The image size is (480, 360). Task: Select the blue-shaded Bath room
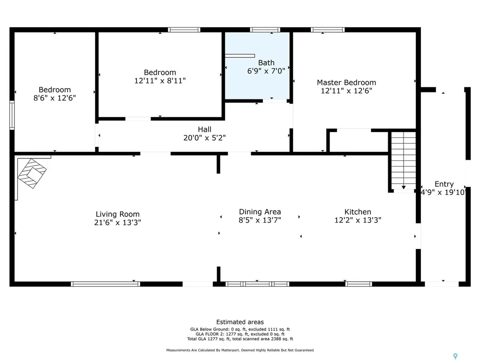[x=257, y=66]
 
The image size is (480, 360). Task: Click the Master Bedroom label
[x=346, y=82]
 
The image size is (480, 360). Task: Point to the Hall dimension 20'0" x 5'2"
[x=204, y=138]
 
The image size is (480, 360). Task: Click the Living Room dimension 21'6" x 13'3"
[x=118, y=223]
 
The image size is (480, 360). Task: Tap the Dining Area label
[x=260, y=212]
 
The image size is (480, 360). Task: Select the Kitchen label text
[x=358, y=212]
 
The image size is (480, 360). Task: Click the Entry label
[x=443, y=184]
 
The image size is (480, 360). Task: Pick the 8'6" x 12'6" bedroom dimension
[x=55, y=98]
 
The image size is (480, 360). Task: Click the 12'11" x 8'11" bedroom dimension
[x=160, y=81]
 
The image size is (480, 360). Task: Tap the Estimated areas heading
[x=240, y=322]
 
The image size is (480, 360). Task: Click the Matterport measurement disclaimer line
[x=240, y=350]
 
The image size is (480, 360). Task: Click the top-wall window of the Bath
[x=265, y=30]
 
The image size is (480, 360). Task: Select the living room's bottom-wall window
[x=105, y=284]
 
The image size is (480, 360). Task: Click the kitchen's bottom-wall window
[x=359, y=284]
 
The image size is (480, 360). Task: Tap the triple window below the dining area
[x=257, y=284]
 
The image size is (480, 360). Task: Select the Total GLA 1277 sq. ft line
[x=240, y=339]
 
